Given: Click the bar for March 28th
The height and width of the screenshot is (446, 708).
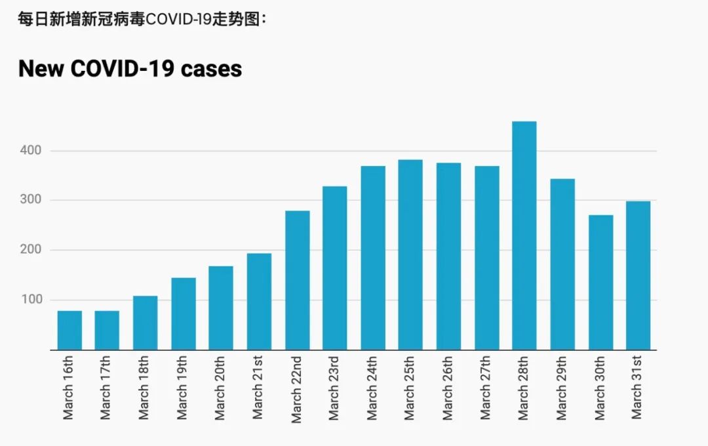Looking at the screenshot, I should click(524, 236).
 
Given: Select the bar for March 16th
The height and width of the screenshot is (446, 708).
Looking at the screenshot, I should click(69, 331).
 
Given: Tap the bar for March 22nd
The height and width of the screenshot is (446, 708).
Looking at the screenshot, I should click(297, 281).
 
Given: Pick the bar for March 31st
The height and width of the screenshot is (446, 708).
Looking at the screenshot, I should click(638, 275).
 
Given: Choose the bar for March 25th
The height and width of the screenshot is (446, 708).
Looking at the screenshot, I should click(410, 255).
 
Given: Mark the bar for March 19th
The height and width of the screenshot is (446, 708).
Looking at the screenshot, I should click(183, 314).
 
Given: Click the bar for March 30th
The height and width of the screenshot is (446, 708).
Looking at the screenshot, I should click(600, 283).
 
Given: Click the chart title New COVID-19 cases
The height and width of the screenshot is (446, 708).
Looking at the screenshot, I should click(130, 68).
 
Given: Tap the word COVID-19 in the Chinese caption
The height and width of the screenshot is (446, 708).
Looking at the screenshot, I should click(178, 19).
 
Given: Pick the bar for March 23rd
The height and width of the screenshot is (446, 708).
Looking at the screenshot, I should click(334, 268).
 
